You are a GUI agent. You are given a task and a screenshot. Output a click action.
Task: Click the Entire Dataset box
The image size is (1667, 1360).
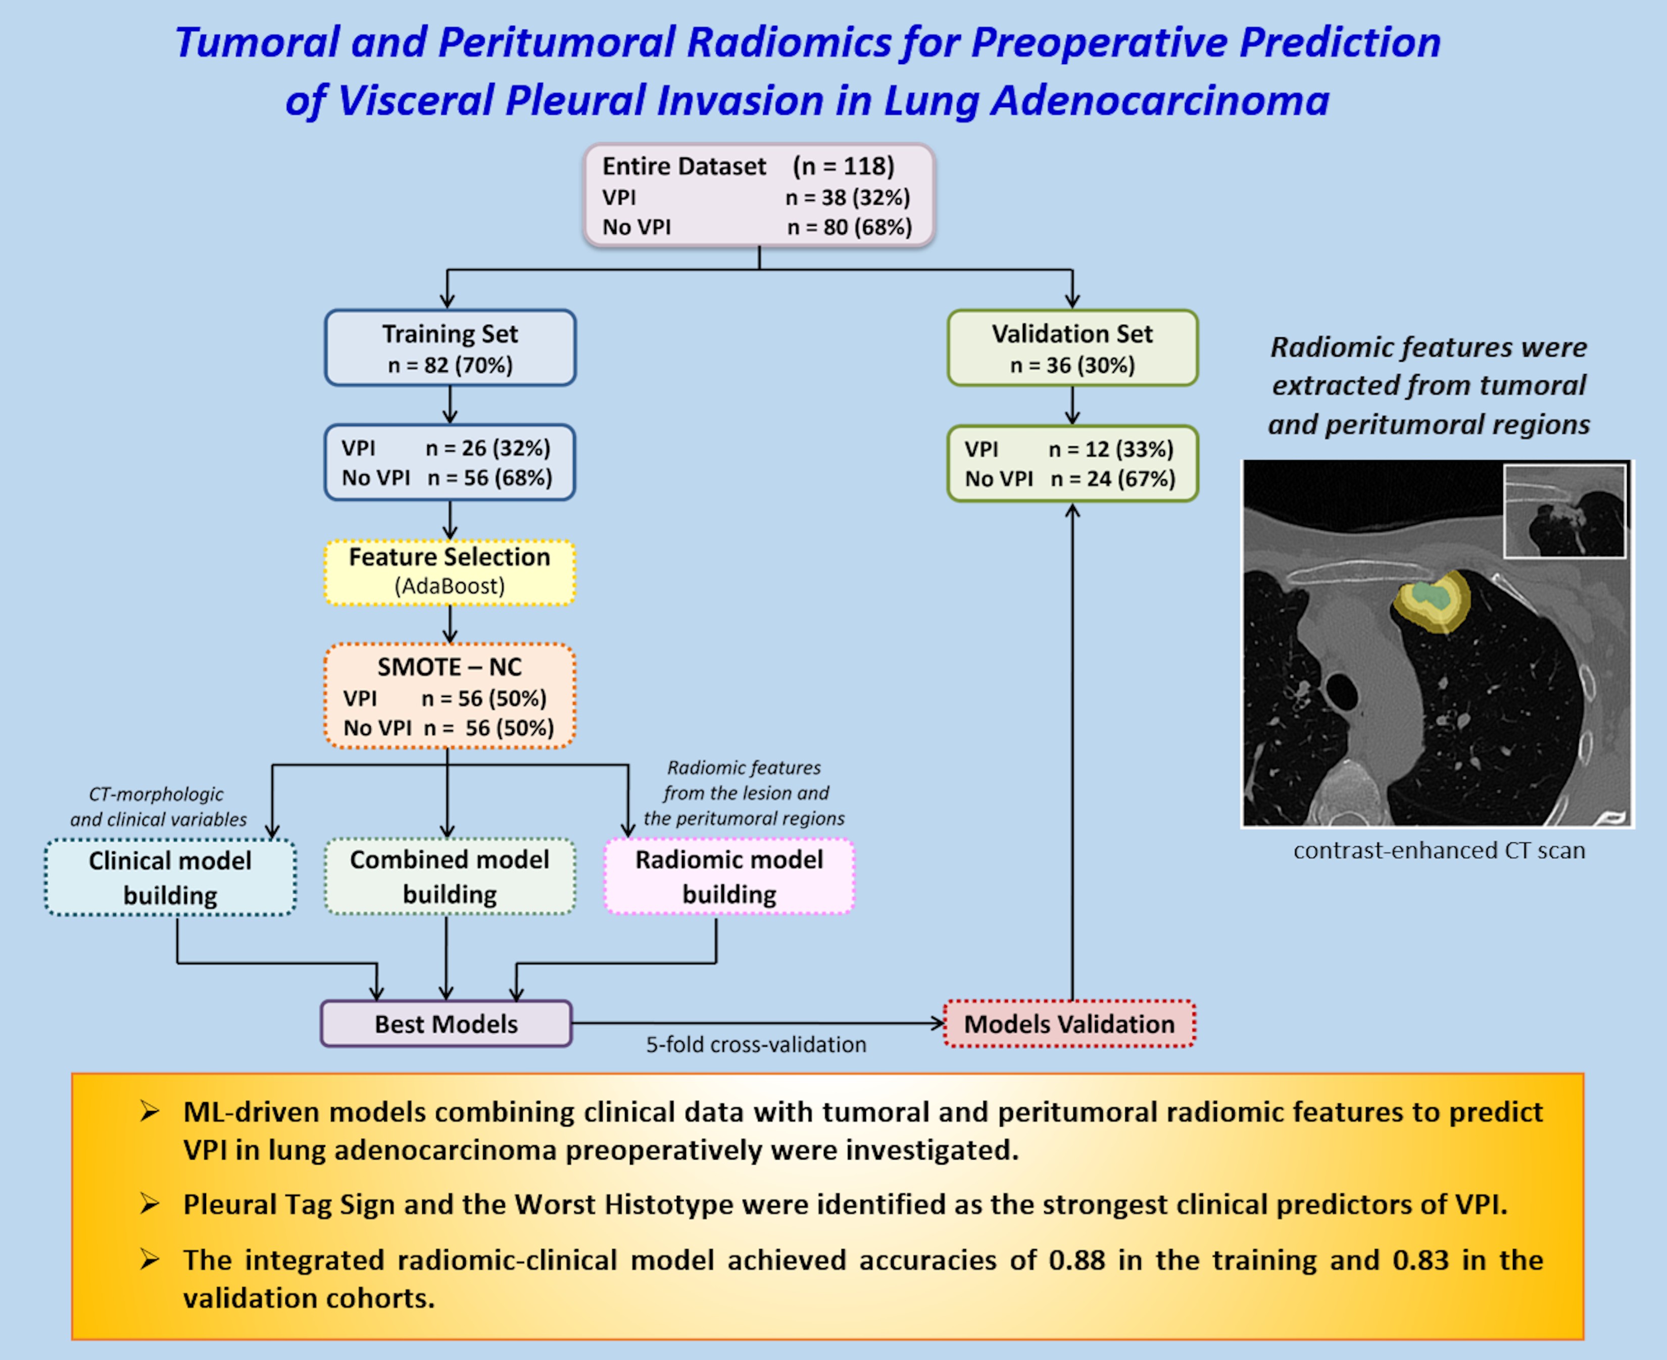(759, 196)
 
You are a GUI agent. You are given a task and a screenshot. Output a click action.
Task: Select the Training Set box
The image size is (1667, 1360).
(450, 348)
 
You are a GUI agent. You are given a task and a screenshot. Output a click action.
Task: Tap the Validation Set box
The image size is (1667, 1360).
(1072, 348)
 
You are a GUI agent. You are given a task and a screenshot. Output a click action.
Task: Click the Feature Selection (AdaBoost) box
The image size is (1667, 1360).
(450, 572)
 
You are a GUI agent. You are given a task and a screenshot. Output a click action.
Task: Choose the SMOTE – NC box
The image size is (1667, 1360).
(450, 696)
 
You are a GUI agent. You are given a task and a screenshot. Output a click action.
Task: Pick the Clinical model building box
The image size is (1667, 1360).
(170, 877)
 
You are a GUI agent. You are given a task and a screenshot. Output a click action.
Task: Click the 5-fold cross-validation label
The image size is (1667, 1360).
(756, 1045)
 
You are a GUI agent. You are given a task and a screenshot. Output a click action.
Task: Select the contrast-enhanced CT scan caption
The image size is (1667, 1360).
(1439, 851)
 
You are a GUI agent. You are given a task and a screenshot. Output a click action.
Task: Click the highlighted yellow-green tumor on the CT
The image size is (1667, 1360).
(1433, 600)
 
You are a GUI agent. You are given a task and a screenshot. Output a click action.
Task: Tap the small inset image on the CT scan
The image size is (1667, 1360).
(1564, 511)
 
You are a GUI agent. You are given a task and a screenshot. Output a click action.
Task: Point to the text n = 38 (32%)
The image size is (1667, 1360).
(848, 197)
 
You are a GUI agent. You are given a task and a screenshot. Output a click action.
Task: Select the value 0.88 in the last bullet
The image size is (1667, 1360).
(1077, 1261)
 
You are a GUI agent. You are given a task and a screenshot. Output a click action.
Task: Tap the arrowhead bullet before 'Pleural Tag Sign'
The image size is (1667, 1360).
(150, 1203)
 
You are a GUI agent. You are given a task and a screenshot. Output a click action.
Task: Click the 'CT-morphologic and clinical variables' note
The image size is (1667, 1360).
(158, 807)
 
